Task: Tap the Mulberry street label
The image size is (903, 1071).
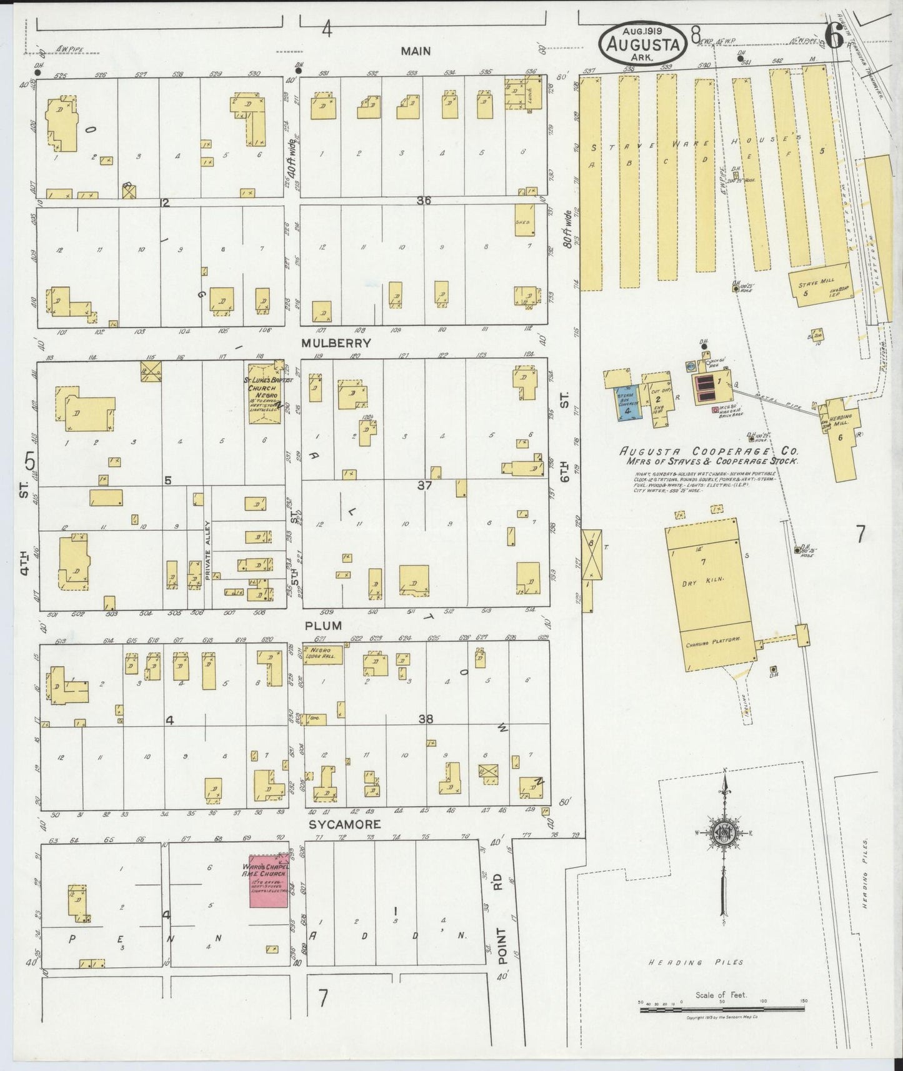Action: click(x=336, y=343)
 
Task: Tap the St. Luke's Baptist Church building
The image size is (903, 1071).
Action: click(x=266, y=394)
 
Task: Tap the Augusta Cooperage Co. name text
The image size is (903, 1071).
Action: click(x=709, y=451)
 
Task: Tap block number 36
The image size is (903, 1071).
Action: click(x=425, y=201)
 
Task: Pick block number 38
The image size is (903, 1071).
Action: click(x=426, y=719)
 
